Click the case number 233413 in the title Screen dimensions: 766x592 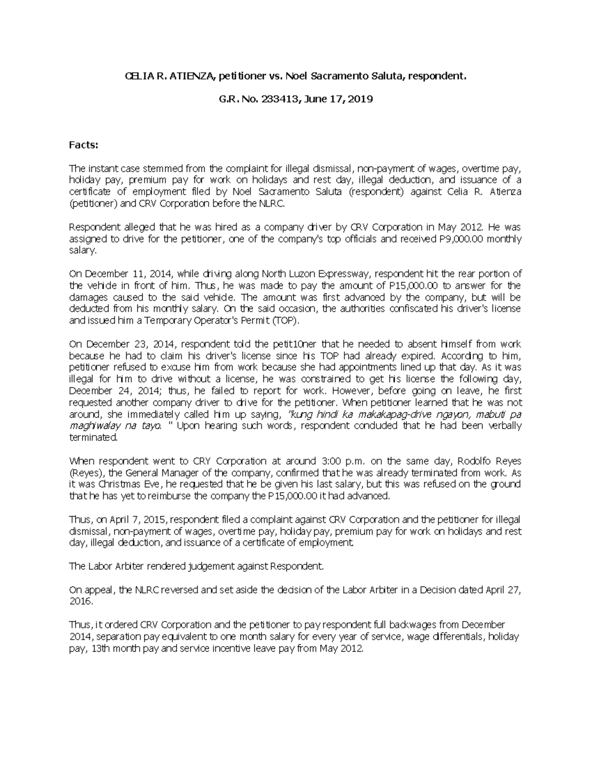279,99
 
